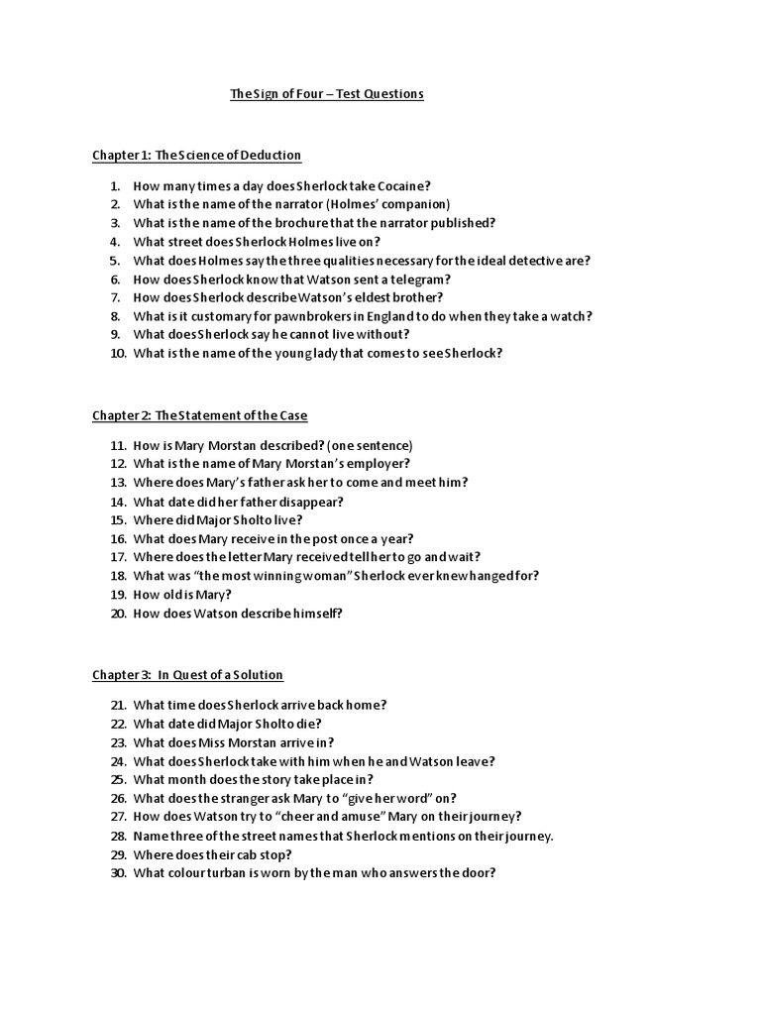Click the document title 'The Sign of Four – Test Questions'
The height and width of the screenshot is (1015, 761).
click(326, 94)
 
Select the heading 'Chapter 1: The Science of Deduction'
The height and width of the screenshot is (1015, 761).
click(196, 156)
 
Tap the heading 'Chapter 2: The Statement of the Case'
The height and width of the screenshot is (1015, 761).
click(200, 415)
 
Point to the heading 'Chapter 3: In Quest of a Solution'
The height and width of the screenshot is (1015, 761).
click(187, 675)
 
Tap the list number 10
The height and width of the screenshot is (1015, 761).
click(118, 353)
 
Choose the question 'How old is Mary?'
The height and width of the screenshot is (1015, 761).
click(183, 595)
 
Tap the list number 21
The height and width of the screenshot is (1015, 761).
click(118, 706)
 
